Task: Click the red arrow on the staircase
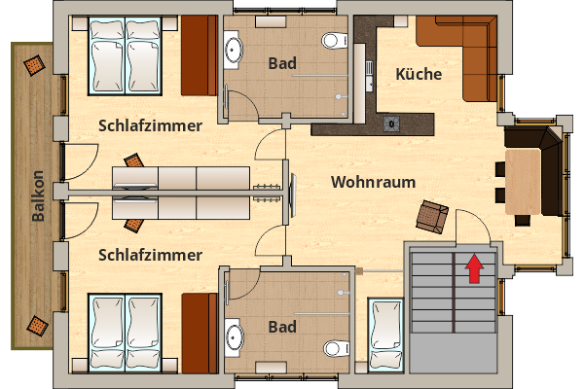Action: (x=474, y=267)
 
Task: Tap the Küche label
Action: (x=420, y=74)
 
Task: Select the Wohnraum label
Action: (x=373, y=182)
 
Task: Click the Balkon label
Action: (x=37, y=197)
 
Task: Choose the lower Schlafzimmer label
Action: (x=150, y=255)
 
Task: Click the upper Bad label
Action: (x=282, y=63)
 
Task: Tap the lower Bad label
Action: (x=282, y=326)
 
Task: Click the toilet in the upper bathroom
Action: (x=334, y=41)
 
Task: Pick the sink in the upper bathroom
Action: (x=235, y=48)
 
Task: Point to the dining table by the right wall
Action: (x=523, y=182)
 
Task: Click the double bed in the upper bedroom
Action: (x=126, y=55)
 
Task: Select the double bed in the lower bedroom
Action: (x=126, y=332)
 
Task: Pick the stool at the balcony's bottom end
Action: (x=37, y=327)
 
